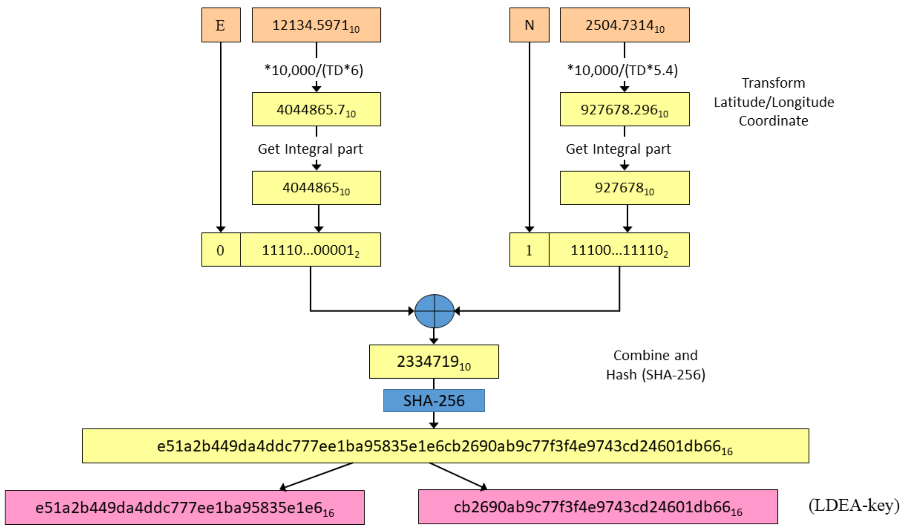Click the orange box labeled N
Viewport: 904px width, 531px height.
coord(529,25)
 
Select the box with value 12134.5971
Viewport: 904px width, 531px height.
coord(316,25)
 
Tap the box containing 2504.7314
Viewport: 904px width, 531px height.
coord(624,25)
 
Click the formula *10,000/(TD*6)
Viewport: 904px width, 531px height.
coord(314,70)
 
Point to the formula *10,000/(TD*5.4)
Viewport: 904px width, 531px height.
coord(622,70)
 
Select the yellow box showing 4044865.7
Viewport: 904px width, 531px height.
coord(316,109)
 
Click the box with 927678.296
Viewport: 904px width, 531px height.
coord(624,109)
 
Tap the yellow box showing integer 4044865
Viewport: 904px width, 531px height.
coord(316,188)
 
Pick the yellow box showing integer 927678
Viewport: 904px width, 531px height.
coord(624,188)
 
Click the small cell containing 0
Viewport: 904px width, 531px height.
coord(221,250)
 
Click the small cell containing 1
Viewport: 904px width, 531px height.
coord(529,250)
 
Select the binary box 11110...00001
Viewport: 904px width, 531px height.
coord(310,250)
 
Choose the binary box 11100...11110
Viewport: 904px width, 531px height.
coord(619,250)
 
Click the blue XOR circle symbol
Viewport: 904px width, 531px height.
coord(434,311)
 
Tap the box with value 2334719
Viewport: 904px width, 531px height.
coord(434,362)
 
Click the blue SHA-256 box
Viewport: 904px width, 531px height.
coord(434,400)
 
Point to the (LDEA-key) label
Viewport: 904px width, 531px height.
coord(854,506)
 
